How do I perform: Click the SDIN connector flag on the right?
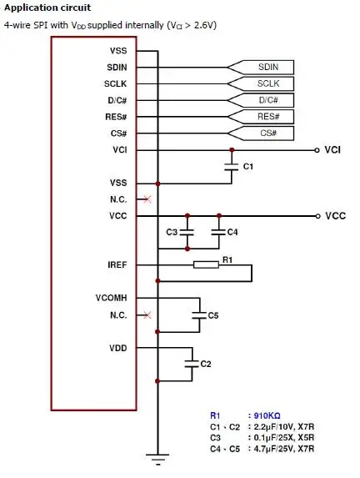[261, 67]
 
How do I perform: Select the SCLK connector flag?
[261, 83]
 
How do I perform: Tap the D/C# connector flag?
[261, 100]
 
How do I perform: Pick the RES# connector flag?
[261, 117]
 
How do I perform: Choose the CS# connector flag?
[261, 133]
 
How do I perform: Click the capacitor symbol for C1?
[232, 167]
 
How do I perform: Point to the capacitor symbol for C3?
[187, 232]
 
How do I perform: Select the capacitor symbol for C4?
[218, 232]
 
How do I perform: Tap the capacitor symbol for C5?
[199, 315]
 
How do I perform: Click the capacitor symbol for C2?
[192, 364]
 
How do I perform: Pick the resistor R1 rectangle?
[206, 265]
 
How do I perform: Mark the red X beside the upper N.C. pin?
[147, 199]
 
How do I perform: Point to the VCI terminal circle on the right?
[317, 150]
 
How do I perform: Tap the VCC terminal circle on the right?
[317, 216]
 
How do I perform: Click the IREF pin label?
[117, 265]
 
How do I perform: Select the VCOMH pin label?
[111, 298]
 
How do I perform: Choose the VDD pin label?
[118, 348]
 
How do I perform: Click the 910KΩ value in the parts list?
[267, 415]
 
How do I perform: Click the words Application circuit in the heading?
[47, 8]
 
